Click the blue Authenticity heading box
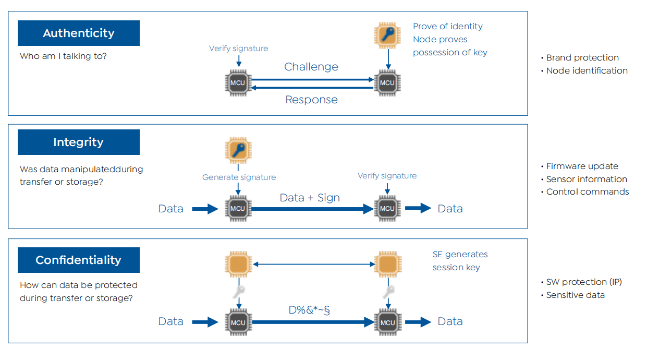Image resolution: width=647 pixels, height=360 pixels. coord(79,33)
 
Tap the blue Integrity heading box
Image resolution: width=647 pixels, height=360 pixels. coord(79,142)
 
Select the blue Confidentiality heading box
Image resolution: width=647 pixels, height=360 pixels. coord(79,260)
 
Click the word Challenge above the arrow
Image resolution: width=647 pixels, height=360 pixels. coord(311,67)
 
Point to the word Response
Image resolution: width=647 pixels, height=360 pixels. coord(311,100)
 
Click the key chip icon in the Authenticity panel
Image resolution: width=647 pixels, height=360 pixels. coord(387,35)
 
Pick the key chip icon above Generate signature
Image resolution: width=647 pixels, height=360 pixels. coord(238,151)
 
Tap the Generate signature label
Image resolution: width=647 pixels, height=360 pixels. coord(239,177)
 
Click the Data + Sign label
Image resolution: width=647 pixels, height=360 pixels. coord(310,198)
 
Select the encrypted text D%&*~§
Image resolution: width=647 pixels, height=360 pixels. coord(310,310)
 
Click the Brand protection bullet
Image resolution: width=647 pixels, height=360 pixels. coord(582,58)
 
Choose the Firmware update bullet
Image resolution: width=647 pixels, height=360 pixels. coord(582,166)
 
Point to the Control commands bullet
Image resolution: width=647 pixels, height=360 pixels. coord(587,192)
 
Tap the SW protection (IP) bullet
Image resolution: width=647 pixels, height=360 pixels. coord(583,282)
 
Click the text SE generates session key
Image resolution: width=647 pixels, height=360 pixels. coord(460,261)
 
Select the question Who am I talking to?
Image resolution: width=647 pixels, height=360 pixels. coord(63,56)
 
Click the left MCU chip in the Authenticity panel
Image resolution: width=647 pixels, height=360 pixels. coord(238,83)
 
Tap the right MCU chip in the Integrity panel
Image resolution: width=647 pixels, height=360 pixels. coord(387,209)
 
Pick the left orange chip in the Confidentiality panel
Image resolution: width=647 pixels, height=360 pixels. coord(238,264)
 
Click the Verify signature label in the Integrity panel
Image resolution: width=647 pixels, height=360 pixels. coord(387,176)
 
